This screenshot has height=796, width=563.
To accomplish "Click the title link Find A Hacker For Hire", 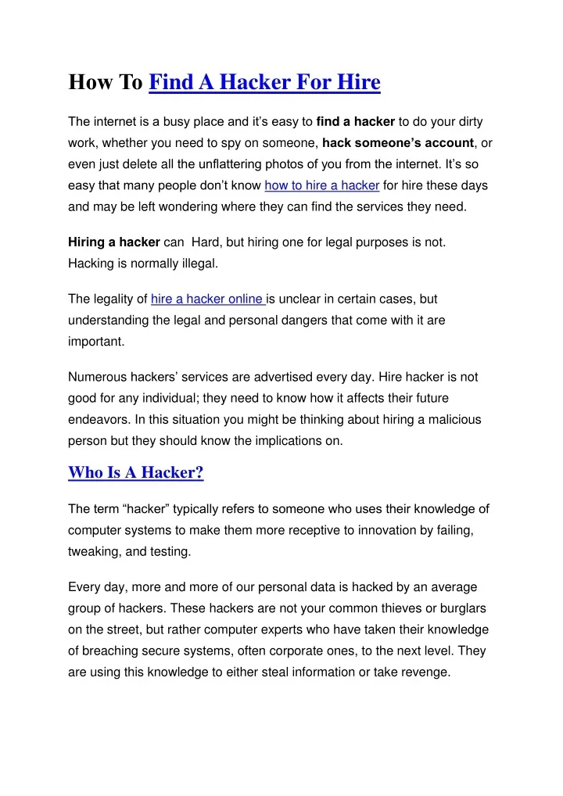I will [x=264, y=82].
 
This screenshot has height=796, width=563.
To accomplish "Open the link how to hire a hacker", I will [x=322, y=186].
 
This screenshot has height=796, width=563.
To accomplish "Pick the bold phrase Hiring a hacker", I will [x=114, y=242].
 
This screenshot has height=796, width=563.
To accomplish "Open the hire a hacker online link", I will [x=208, y=299].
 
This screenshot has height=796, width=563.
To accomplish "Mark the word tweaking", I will [x=93, y=552].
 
